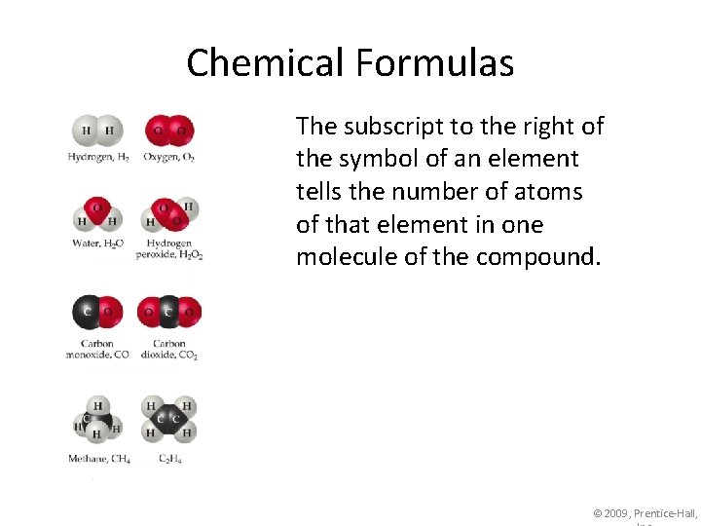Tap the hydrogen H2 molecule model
point(97,131)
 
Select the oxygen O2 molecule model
point(168,130)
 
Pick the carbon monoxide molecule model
point(97,313)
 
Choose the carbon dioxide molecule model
point(169,313)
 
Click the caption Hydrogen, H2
point(98,157)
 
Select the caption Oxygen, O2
point(168,157)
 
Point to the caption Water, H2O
point(97,244)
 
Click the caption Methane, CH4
point(98,459)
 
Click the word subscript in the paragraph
point(384,127)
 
